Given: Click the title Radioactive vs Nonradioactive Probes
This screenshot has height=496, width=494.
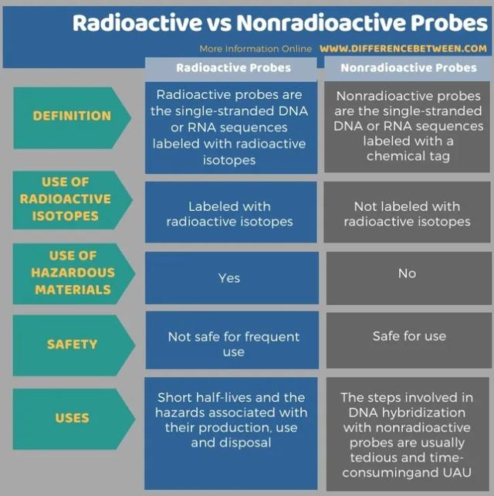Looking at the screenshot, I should [279, 22].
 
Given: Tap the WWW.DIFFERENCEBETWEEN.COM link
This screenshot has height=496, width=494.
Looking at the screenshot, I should [403, 49].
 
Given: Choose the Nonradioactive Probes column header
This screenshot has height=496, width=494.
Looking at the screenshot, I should [408, 68].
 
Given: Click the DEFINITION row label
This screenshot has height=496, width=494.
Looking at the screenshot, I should [72, 116].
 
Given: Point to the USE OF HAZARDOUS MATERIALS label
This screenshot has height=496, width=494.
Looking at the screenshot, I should [71, 272].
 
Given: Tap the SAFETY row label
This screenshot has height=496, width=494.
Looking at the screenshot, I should [72, 345].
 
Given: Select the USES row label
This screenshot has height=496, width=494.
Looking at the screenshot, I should [72, 418].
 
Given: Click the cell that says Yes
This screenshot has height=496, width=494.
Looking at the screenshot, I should [229, 278].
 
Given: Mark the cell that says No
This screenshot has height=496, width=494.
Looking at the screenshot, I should [407, 273].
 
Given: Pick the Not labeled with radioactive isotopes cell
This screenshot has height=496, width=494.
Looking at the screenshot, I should [407, 214].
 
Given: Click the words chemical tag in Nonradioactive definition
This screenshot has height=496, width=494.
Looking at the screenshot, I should [408, 156].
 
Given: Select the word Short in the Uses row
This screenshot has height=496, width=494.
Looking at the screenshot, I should [175, 398].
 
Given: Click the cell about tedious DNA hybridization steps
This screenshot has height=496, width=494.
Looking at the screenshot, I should [408, 435].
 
